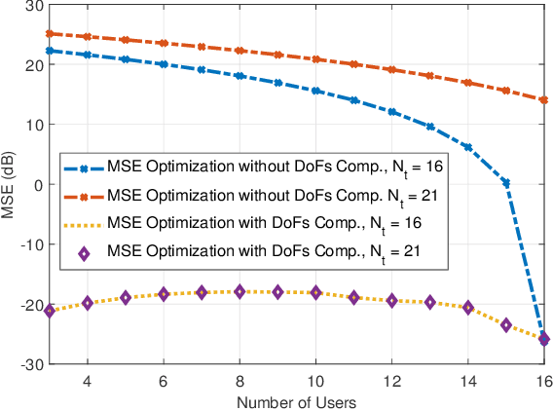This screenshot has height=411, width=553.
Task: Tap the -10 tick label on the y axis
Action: (29, 244)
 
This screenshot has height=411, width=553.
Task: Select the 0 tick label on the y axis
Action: (37, 185)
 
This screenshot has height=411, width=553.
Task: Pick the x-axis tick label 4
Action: (88, 378)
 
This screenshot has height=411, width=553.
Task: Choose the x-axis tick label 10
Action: (314, 378)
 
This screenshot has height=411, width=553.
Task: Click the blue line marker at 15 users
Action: (505, 183)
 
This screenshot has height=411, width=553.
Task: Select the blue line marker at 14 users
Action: (467, 147)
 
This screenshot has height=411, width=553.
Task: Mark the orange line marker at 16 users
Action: (543, 99)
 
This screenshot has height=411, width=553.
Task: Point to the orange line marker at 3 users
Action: (50, 34)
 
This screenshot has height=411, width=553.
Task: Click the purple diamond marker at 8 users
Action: (240, 291)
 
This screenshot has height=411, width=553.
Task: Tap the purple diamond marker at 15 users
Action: (505, 324)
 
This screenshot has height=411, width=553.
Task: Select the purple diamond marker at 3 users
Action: (50, 310)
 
